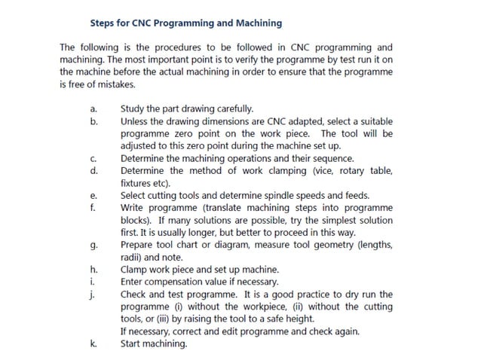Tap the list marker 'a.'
pyautogui.click(x=93, y=108)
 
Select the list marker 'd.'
pyautogui.click(x=93, y=171)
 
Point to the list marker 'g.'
pyautogui.click(x=93, y=245)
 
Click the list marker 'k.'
pyautogui.click(x=93, y=343)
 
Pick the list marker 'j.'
pyautogui.click(x=92, y=294)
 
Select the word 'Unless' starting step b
pyautogui.click(x=135, y=121)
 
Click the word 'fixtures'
pyautogui.click(x=137, y=183)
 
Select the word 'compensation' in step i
pyautogui.click(x=175, y=282)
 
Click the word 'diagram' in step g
pyautogui.click(x=237, y=245)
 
